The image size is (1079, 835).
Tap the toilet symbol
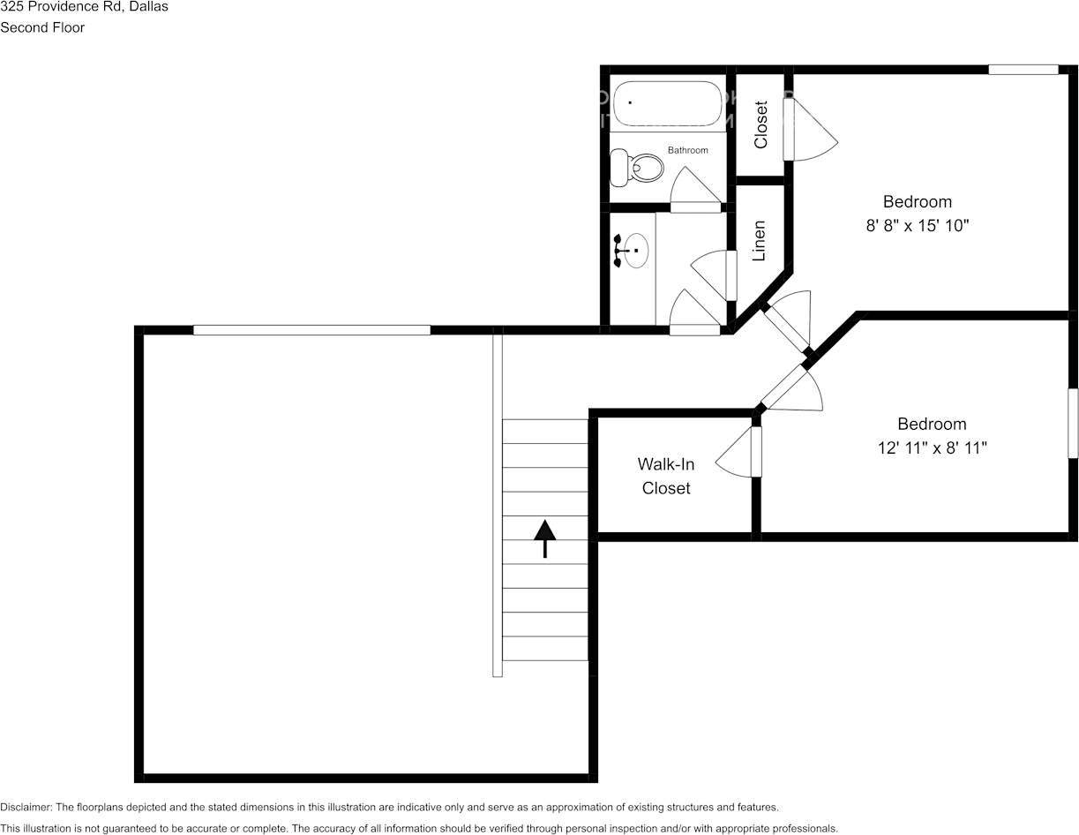(638, 166)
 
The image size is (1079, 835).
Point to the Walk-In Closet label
(666, 476)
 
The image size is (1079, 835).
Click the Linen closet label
(759, 240)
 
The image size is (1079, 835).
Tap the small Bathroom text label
(687, 150)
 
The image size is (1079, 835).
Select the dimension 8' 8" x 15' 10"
(917, 226)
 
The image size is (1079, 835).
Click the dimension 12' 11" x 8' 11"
(932, 448)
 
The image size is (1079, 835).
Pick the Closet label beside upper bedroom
(761, 124)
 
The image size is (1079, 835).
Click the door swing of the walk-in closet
(737, 455)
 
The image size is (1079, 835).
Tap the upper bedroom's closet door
(809, 130)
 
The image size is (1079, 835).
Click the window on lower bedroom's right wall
(1073, 423)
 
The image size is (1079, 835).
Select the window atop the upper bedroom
(1023, 70)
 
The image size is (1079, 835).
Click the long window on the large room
(311, 330)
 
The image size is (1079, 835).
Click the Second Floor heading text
(42, 27)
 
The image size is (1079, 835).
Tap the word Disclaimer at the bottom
(26, 807)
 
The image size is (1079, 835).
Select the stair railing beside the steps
(498, 503)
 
